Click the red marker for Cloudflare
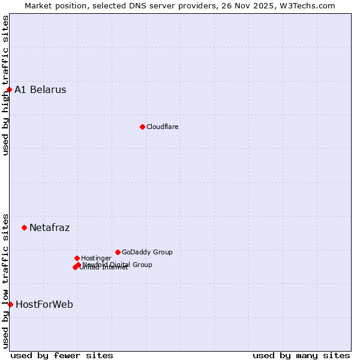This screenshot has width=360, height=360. click(142, 127)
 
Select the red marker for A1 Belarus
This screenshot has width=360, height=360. click(9, 90)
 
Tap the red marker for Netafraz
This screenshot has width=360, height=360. click(24, 227)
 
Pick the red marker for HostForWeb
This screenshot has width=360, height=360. click(10, 304)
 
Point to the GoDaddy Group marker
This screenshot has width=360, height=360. click(118, 252)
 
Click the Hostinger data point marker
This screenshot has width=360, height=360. click(77, 258)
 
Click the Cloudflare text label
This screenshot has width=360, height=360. click(162, 127)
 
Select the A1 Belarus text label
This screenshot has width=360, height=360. click(40, 90)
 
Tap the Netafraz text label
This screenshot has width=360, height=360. click(49, 227)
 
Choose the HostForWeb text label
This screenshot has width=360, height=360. click(44, 304)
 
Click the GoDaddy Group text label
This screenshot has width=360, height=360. click(147, 252)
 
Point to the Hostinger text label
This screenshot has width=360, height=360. click(96, 258)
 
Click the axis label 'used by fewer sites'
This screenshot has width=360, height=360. click(62, 355)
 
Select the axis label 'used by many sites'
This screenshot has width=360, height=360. click(301, 355)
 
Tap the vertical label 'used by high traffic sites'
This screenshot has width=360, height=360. click(5, 85)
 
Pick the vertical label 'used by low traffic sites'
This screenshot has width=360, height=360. click(5, 281)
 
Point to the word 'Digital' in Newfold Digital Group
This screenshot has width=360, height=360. click(121, 265)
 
